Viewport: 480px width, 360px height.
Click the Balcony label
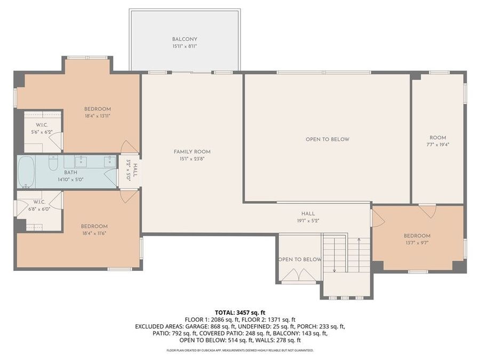[x=185, y=43]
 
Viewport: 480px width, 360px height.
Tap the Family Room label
[x=192, y=155]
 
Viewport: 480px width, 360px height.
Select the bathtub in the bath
[x=26, y=172]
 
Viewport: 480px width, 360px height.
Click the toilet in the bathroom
[x=53, y=163]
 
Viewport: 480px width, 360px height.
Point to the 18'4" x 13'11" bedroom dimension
[x=98, y=116]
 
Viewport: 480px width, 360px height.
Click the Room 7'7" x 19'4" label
[x=437, y=141]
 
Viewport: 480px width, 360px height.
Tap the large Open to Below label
[x=327, y=139]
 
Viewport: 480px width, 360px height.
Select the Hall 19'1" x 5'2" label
[x=308, y=217]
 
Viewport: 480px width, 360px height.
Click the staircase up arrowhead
[x=359, y=240]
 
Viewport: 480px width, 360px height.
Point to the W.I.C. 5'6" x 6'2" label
[x=42, y=129]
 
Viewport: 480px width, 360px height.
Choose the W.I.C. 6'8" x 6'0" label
[x=39, y=205]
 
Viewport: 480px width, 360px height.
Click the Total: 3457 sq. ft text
[x=240, y=313]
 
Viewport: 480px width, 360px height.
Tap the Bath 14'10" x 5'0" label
[x=70, y=176]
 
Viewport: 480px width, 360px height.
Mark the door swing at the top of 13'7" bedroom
[x=427, y=211]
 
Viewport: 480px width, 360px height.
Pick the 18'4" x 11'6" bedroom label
[x=94, y=229]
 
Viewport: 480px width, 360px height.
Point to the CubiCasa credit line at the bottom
[x=240, y=350]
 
